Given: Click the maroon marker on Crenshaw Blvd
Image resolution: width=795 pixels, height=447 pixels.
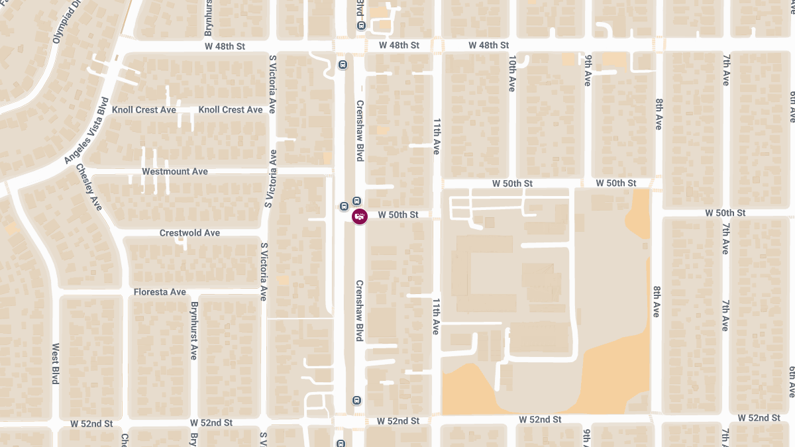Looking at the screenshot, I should (360, 216).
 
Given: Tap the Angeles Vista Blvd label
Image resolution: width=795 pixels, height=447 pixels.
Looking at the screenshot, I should (87, 130).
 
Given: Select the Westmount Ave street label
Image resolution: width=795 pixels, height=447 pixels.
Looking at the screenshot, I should (175, 172).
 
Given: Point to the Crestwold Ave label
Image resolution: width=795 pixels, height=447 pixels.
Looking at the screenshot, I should (189, 233).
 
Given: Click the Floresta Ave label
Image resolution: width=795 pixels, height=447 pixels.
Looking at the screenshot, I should (160, 292).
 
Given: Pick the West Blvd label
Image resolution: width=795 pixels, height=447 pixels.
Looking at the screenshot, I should (56, 363).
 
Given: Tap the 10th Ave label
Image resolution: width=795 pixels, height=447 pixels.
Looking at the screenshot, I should (512, 74).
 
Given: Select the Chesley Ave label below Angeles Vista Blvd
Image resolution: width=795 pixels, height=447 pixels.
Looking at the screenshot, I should (89, 187).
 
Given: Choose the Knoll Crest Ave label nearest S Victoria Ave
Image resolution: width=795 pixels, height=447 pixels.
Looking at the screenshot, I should (231, 110).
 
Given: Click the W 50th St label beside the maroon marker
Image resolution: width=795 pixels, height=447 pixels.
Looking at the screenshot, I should (398, 215).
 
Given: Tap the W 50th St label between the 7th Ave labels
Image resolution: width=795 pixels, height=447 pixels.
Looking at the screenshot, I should (725, 213).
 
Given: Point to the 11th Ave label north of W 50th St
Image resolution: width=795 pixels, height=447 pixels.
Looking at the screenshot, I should (437, 137).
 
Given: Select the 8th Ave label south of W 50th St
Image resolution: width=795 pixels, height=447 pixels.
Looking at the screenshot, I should (657, 301).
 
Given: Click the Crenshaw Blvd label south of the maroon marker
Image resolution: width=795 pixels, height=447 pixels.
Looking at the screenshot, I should (360, 311).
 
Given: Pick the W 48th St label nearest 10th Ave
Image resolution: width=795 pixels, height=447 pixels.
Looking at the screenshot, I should (488, 45).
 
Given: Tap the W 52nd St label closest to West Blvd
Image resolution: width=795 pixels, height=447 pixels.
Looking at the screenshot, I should (92, 423).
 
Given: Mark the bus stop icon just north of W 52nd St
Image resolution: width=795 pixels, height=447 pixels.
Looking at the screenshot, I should (356, 400).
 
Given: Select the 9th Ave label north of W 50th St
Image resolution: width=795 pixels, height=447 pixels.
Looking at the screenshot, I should (588, 70).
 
